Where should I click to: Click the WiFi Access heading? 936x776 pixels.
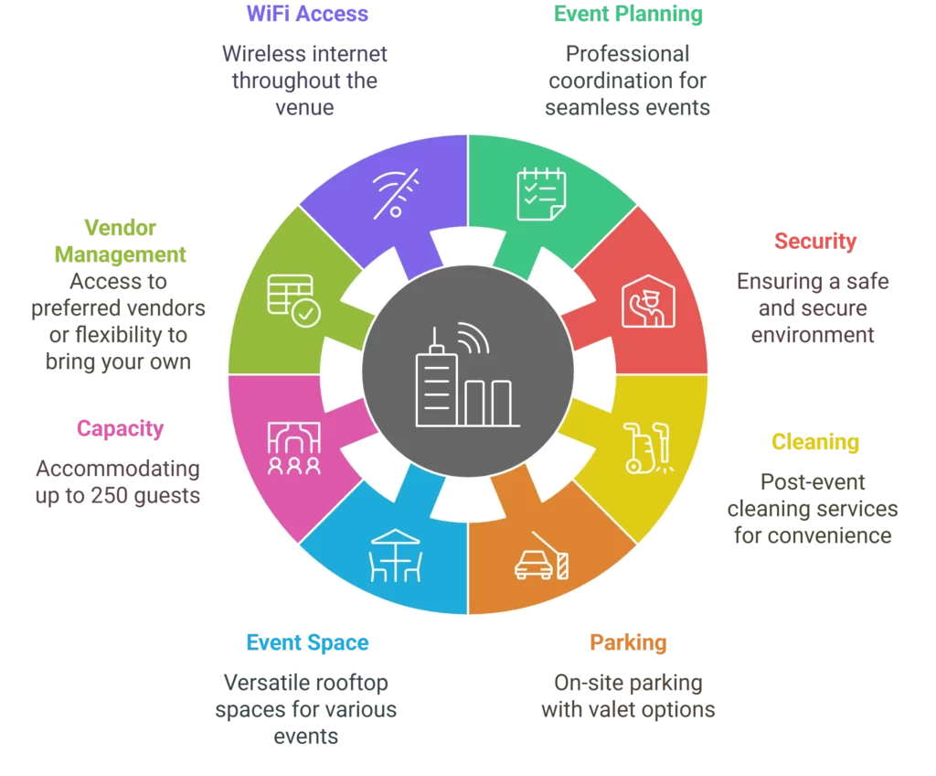pos(307,14)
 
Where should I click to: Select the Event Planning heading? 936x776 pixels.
pos(628,14)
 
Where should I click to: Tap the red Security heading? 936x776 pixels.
pos(815,242)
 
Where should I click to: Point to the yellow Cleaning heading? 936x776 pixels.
pos(815,442)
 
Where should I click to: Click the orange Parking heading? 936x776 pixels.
pos(628,642)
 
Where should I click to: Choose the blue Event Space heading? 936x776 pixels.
pos(307,642)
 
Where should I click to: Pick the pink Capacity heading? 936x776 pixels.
pos(120,428)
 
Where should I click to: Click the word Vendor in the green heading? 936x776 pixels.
pos(121,227)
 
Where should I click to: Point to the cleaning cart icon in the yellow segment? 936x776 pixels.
pos(645,447)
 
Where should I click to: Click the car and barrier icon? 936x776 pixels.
pos(541,556)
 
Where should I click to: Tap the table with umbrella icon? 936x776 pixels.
pos(395,556)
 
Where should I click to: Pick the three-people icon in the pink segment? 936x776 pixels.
pos(293,447)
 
